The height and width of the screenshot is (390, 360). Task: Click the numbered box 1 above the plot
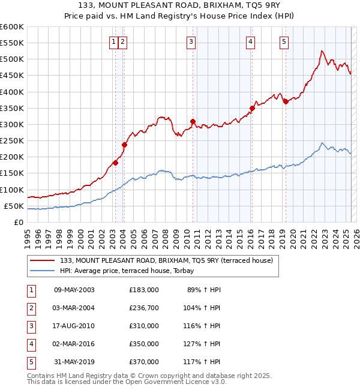tap(113, 41)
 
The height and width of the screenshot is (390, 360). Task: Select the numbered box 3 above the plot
tap(190, 41)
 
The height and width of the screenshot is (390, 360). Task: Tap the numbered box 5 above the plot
tap(283, 41)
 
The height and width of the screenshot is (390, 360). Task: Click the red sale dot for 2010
tap(193, 121)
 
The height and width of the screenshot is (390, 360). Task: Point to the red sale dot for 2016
tap(252, 108)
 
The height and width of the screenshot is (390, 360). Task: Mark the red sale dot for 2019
tap(286, 101)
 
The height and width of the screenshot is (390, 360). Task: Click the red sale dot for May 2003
tap(116, 163)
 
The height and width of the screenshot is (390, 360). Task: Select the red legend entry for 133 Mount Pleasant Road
tap(166, 260)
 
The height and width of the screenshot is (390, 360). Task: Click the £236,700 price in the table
tap(143, 308)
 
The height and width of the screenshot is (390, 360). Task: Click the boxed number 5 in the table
tap(29, 362)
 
